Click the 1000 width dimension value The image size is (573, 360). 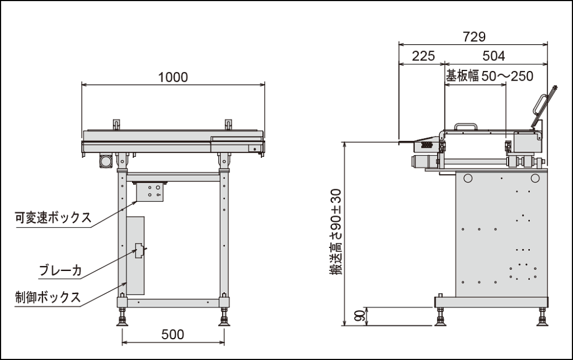(x=173, y=77)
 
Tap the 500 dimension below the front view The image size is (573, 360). (x=173, y=334)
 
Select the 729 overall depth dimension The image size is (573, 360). (x=474, y=36)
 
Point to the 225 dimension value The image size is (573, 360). (x=423, y=56)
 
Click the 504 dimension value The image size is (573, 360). (x=494, y=56)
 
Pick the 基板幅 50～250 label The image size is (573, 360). (x=489, y=76)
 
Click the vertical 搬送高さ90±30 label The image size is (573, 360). (x=336, y=232)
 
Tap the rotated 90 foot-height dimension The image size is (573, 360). (x=360, y=316)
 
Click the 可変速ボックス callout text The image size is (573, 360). (x=53, y=217)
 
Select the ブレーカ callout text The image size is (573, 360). (x=60, y=270)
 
